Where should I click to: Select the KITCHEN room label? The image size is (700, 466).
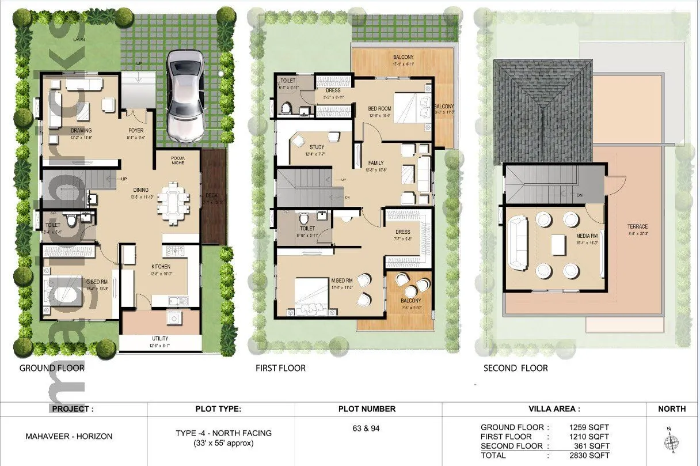161,267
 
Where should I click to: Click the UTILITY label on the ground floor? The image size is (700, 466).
161,340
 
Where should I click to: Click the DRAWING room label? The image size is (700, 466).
81,131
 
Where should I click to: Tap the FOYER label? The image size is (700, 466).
136,131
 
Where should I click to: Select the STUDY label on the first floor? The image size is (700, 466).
317,147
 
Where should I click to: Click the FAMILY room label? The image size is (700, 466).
375,163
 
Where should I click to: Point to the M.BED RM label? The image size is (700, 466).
341,281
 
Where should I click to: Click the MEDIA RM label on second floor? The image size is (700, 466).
585,236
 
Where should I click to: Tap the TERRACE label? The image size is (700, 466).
637,226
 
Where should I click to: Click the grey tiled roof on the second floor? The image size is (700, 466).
543,109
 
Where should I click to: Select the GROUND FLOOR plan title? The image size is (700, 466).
52,368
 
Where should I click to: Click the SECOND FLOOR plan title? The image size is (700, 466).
515,368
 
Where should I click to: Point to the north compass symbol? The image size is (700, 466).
670,441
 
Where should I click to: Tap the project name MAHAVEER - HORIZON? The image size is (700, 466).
69,436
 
